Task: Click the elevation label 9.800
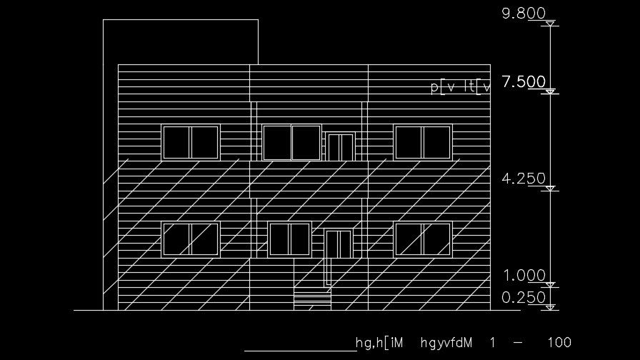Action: (x=524, y=14)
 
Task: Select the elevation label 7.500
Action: (x=524, y=82)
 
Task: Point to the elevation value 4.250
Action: (x=524, y=179)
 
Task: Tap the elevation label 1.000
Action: (x=524, y=276)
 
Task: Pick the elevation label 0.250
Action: (x=524, y=298)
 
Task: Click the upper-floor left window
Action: (x=191, y=142)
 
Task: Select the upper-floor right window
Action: (x=423, y=142)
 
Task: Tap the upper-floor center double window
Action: (x=291, y=142)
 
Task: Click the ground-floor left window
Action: (x=191, y=239)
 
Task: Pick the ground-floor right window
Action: (x=423, y=239)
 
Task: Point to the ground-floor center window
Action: (x=290, y=239)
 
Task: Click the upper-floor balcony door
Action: (x=339, y=146)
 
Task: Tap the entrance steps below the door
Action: (x=313, y=299)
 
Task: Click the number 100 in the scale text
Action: (x=559, y=343)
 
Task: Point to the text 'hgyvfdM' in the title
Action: (x=447, y=343)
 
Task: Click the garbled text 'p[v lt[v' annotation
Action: (x=461, y=87)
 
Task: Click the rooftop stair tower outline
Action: (x=181, y=41)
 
